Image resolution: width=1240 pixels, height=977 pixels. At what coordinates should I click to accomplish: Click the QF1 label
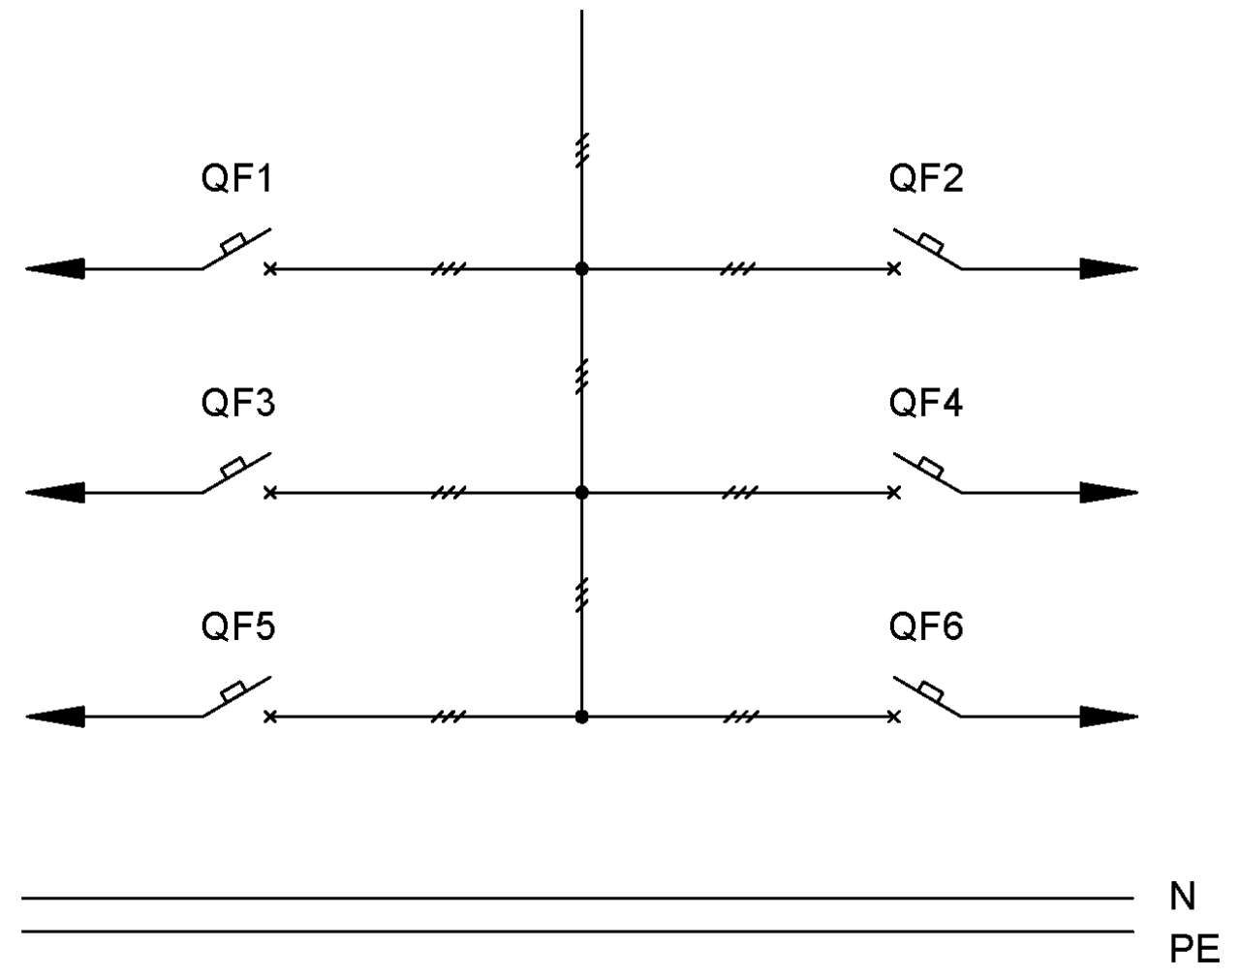[x=236, y=177]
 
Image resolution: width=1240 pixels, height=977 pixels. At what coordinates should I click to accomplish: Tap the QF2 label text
[x=926, y=177]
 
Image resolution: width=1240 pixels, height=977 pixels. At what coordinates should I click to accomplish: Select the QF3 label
[x=238, y=402]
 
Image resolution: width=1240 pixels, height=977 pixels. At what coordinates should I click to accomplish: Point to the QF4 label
[x=926, y=402]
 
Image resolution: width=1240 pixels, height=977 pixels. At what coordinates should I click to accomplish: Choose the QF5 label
[x=238, y=626]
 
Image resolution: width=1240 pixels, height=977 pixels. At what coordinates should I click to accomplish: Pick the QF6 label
[x=926, y=626]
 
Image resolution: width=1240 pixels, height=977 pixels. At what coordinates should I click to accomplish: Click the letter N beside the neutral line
[x=1183, y=897]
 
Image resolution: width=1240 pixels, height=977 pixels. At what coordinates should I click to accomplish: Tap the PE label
[x=1194, y=949]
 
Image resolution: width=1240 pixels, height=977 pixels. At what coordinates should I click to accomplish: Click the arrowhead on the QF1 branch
[x=55, y=268]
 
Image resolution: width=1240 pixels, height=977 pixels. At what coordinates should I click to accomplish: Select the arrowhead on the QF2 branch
[x=1108, y=268]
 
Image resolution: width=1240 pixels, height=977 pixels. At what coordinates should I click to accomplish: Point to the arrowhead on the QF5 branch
[x=55, y=717]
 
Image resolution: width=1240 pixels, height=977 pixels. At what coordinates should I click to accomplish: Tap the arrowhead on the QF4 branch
[x=1108, y=493]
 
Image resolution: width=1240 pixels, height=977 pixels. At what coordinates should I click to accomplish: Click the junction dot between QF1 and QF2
[x=582, y=268]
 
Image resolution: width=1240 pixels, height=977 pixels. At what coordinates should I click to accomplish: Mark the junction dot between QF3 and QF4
[x=582, y=493]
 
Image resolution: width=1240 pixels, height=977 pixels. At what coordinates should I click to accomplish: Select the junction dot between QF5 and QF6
[x=582, y=717]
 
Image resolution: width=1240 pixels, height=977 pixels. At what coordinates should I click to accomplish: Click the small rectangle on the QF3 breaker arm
[x=232, y=467]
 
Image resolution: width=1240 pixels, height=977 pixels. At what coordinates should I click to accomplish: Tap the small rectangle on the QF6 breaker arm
[x=931, y=691]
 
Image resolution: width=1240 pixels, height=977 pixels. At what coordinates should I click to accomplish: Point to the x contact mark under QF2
[x=894, y=268]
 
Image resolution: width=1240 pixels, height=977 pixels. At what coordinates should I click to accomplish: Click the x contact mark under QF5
[x=269, y=717]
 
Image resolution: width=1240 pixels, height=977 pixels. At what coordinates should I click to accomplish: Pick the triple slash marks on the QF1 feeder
[x=449, y=268]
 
